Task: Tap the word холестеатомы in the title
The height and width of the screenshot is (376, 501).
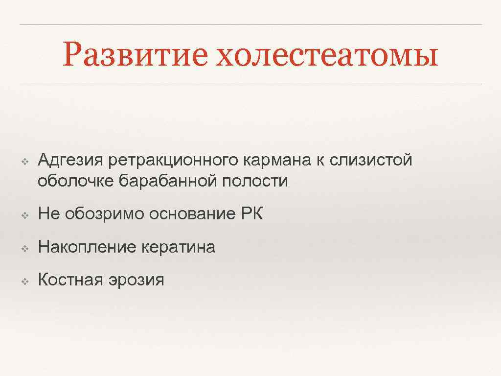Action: pos(327,55)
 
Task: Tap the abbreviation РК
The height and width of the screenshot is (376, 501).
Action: pos(252,214)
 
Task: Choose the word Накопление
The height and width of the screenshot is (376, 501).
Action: pos(87,247)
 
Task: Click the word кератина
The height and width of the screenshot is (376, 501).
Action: pos(178,247)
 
